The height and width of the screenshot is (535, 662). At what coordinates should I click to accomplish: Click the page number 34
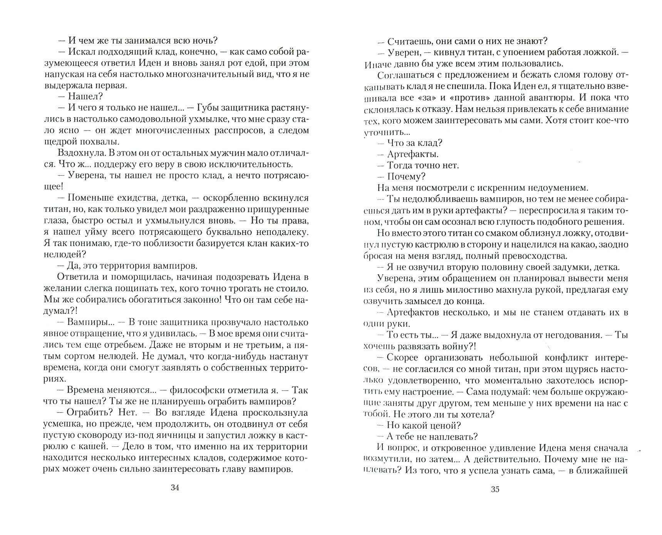(175, 488)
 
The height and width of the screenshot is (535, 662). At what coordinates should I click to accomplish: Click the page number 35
(495, 490)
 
